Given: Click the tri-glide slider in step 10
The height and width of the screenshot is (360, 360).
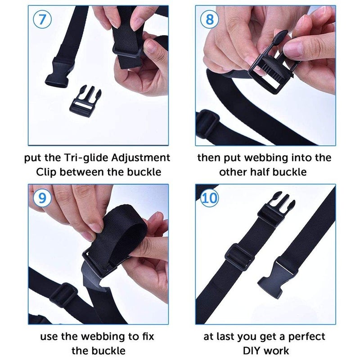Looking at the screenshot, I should [238, 255].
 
